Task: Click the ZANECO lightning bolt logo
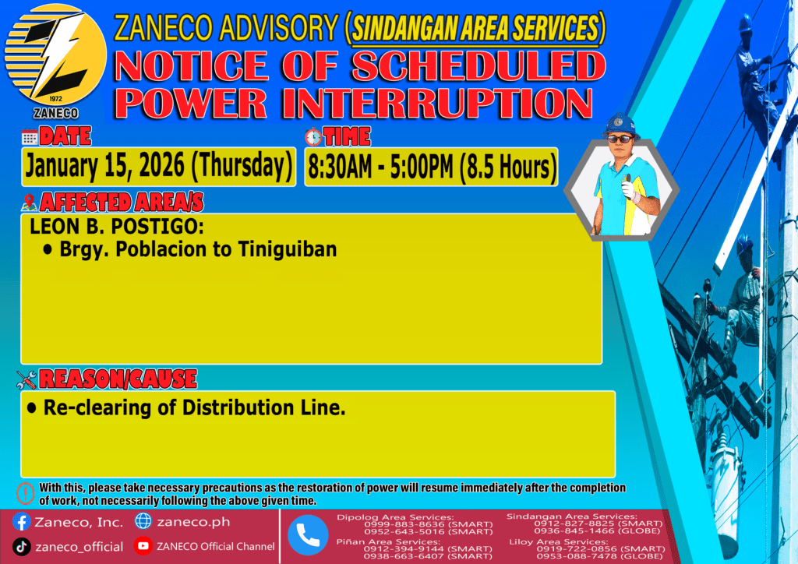tap(55, 55)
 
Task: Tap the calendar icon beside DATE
tap(30, 137)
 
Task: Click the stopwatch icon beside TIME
tap(313, 136)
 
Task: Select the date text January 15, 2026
tap(105, 166)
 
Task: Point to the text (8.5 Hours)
tap(508, 167)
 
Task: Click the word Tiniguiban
tap(288, 249)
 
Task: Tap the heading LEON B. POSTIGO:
tap(117, 227)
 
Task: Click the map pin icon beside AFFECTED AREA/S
tap(29, 203)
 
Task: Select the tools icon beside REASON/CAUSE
tap(26, 379)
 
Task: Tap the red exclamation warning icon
tap(26, 493)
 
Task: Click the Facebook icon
tap(22, 522)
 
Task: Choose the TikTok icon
tap(21, 547)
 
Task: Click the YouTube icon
tap(143, 545)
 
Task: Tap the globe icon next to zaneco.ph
tap(143, 521)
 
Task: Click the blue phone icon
tap(308, 535)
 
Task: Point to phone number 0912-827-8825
tap(570, 523)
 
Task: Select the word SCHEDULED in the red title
tap(479, 65)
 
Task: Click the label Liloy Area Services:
tap(558, 541)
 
